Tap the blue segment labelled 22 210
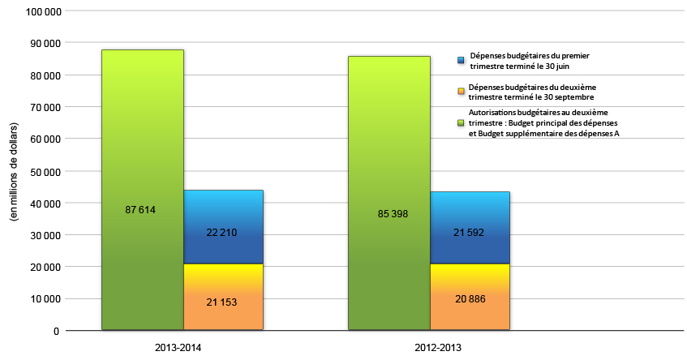click(222, 227)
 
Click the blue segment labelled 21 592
click(470, 227)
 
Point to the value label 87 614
click(140, 210)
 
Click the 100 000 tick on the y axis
click(41, 11)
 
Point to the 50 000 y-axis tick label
click(44, 171)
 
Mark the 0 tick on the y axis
click(56, 331)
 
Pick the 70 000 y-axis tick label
click(44, 107)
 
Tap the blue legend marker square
click(461, 60)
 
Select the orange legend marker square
click(461, 91)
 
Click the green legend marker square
click(461, 122)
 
